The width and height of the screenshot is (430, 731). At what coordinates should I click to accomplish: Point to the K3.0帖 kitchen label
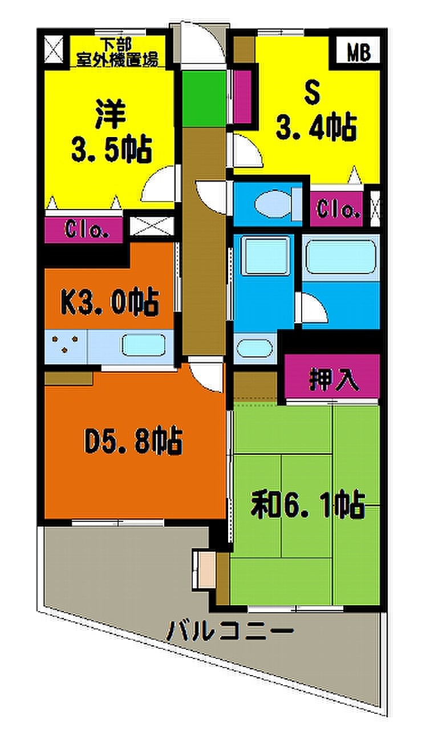click(109, 302)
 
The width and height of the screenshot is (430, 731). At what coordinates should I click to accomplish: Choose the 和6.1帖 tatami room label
click(307, 504)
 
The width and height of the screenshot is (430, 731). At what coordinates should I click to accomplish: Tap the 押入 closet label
click(334, 379)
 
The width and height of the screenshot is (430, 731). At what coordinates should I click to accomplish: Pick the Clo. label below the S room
click(338, 209)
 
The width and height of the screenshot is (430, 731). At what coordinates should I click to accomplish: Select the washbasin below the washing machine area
click(254, 348)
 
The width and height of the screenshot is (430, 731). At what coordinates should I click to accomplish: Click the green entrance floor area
click(204, 99)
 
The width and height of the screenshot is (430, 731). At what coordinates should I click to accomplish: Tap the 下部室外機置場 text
click(117, 53)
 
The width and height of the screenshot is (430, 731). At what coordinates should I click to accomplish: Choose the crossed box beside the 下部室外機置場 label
click(54, 49)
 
